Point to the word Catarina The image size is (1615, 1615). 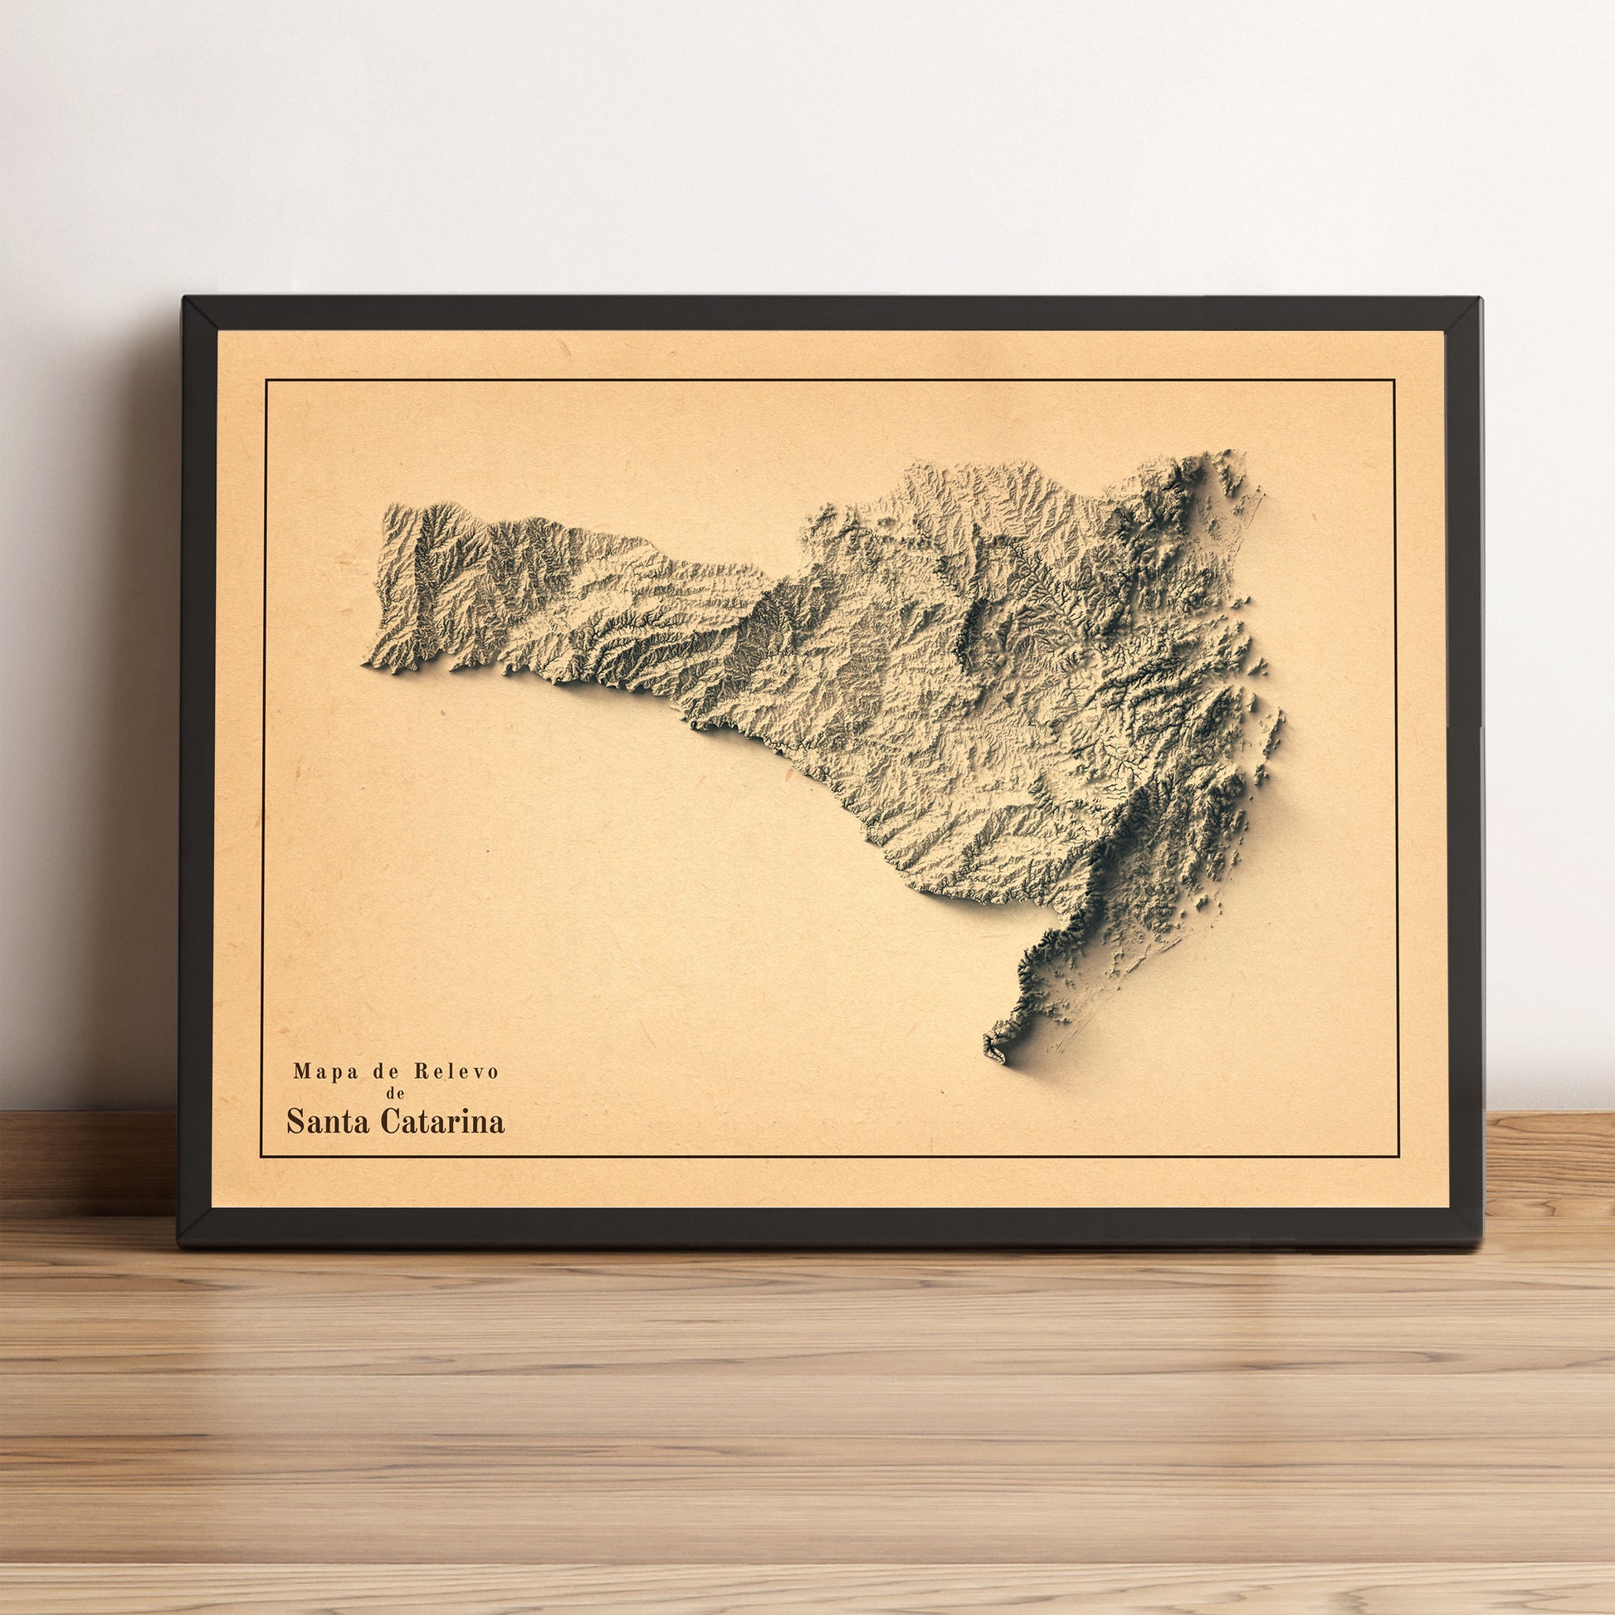442,1121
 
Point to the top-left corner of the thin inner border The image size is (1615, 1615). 266,380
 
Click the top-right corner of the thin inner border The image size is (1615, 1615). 1395,380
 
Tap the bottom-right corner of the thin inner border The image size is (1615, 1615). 1398,1158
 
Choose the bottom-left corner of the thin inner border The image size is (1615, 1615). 261,1158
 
